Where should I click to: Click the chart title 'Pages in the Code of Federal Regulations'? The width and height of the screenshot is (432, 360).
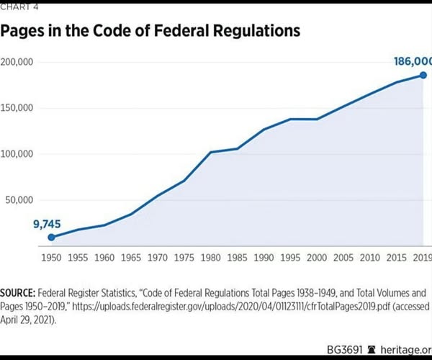tap(150, 32)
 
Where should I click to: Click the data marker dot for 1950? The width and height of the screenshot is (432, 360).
tap(51, 237)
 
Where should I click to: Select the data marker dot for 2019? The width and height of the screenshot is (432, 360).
tap(423, 76)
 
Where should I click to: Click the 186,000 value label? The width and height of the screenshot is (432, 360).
tap(413, 62)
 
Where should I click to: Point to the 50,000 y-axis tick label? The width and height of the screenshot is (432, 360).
tap(19, 200)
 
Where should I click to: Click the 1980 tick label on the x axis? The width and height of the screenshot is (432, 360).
tap(210, 256)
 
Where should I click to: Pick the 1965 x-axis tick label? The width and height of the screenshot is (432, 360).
tap(130, 256)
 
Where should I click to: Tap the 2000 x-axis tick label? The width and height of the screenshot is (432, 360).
tap(317, 256)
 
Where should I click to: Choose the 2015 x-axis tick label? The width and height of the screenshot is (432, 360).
tap(396, 256)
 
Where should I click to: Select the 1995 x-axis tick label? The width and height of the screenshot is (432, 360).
tap(290, 256)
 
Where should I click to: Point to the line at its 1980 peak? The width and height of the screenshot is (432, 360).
tap(210, 152)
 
